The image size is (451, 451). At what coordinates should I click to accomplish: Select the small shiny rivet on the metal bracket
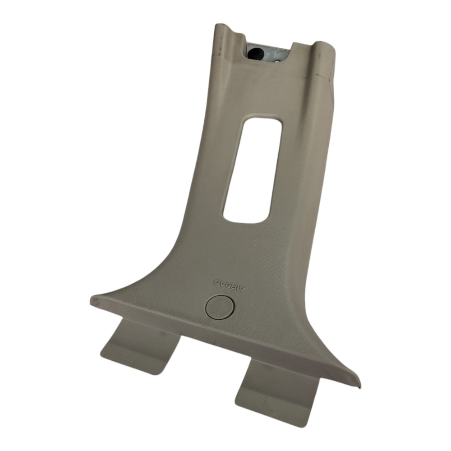pos(277,61)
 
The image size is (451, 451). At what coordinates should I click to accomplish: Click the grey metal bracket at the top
pos(267,54)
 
